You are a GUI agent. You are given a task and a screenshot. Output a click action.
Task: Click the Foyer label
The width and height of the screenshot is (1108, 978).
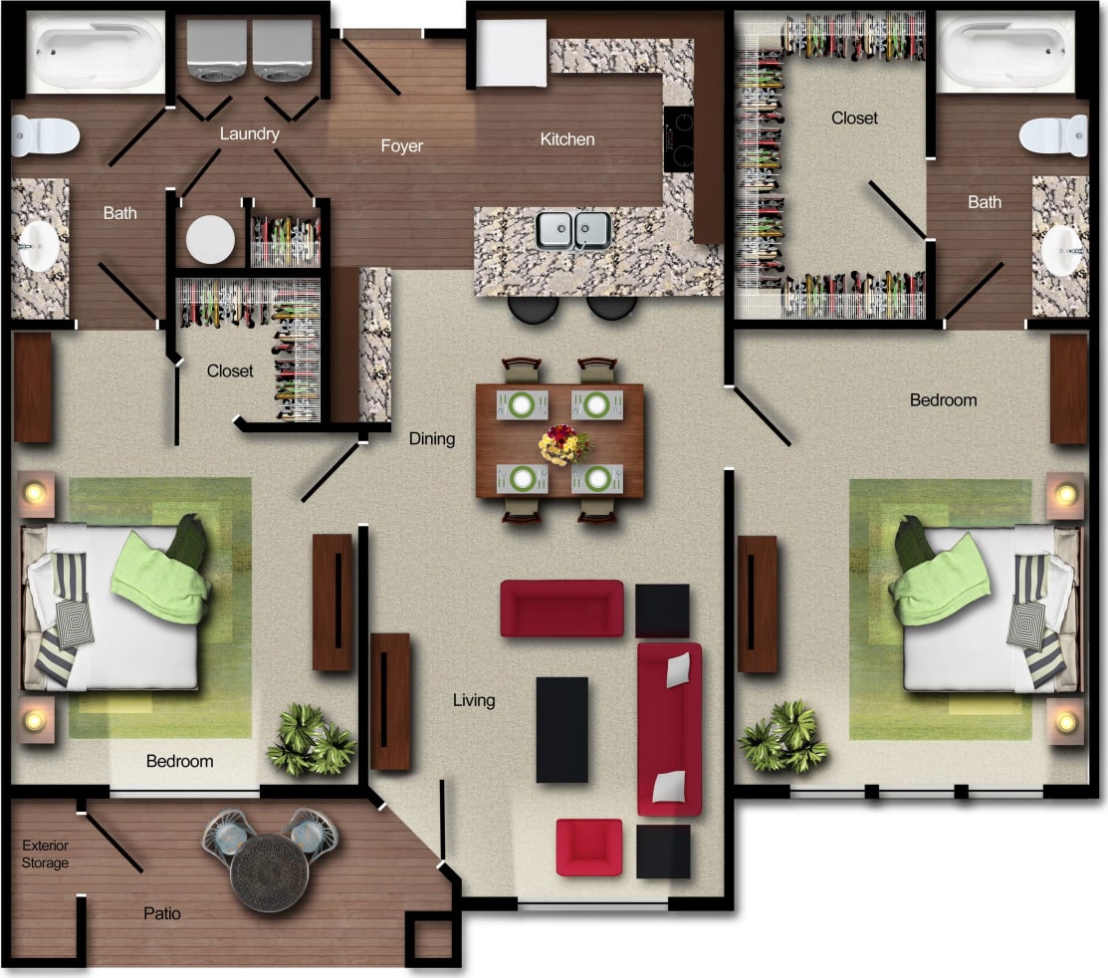[401, 146]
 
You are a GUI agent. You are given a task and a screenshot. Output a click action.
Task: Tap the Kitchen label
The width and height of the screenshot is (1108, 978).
[567, 139]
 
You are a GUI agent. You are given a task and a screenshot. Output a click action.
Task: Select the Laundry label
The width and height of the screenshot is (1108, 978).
[249, 133]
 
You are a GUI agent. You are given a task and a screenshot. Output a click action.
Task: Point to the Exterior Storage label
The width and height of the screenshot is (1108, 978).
[46, 855]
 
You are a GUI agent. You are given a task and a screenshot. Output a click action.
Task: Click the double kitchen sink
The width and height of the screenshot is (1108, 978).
[573, 230]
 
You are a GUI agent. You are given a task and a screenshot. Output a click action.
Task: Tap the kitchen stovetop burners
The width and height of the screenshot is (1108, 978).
[680, 139]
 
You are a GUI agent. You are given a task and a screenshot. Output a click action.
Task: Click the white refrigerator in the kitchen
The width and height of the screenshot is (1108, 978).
[512, 54]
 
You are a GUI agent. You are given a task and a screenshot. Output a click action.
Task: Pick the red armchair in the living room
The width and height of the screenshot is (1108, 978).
[589, 847]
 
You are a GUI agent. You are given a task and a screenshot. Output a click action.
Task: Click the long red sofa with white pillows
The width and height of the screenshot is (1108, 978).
[669, 728]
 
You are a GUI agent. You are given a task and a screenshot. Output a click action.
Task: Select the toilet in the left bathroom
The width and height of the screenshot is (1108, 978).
[44, 136]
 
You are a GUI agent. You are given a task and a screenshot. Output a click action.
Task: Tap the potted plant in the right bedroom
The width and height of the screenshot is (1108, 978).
[783, 738]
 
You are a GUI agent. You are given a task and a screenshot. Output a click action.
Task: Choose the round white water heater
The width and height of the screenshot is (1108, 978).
[210, 239]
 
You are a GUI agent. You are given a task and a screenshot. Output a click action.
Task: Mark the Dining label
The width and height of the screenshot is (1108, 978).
[432, 438]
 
